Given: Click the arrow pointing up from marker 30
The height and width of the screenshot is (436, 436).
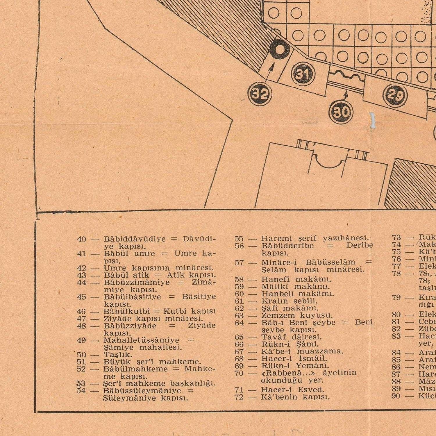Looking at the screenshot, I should pos(345,96).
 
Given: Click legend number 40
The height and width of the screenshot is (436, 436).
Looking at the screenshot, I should pos(81,239).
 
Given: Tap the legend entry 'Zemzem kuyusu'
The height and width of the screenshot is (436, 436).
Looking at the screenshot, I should pos(297,315).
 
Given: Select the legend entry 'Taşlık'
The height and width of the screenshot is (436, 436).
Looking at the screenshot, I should pos(118,355).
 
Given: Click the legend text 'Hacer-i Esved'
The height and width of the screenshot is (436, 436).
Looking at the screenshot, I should pos(292,389).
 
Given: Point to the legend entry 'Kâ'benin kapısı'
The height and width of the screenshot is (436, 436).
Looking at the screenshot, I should pos(295,397).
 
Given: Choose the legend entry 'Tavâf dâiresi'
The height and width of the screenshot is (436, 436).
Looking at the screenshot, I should pos(292,337).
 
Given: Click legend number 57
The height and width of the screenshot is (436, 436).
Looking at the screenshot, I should pos(239,263).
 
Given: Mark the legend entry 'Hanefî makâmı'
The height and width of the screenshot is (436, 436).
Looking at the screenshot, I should pos(296,279).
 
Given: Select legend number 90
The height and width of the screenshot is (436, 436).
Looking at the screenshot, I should pos(396,396).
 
